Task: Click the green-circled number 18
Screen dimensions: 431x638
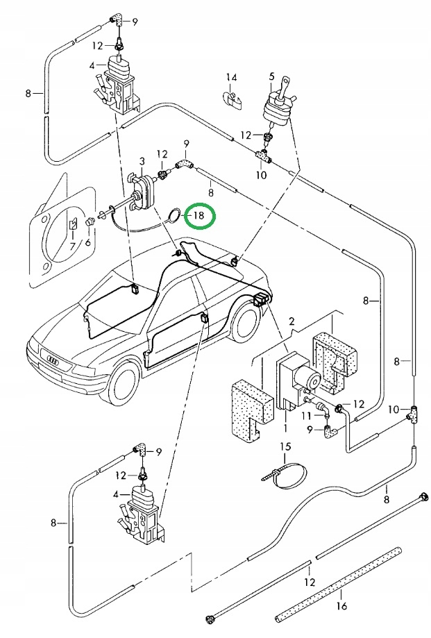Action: pyautogui.click(x=198, y=215)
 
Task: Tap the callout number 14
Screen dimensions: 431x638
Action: pyautogui.click(x=231, y=77)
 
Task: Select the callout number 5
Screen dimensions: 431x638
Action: pyautogui.click(x=271, y=76)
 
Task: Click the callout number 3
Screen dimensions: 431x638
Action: pyautogui.click(x=142, y=162)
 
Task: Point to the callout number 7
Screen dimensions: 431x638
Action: pyautogui.click(x=73, y=245)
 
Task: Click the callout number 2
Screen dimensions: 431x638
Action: pyautogui.click(x=291, y=321)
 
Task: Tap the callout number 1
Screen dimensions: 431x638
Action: pyautogui.click(x=285, y=428)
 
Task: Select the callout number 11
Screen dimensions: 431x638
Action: pyautogui.click(x=307, y=415)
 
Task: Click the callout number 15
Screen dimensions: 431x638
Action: pyautogui.click(x=285, y=446)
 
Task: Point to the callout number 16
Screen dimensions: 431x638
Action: pyautogui.click(x=342, y=606)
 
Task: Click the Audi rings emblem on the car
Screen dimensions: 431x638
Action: pyautogui.click(x=53, y=360)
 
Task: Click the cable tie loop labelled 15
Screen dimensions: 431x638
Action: pyautogui.click(x=286, y=475)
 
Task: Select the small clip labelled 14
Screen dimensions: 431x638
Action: pyautogui.click(x=233, y=100)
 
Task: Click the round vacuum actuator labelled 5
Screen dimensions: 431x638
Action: pyautogui.click(x=277, y=107)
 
